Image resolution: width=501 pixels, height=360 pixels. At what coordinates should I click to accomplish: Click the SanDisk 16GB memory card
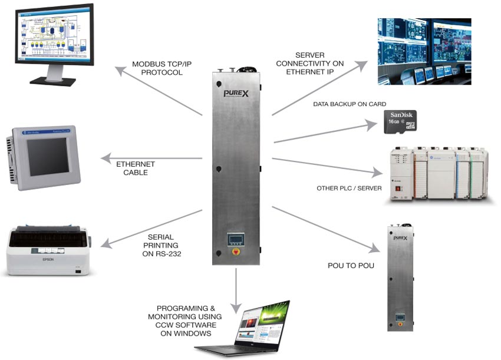click(x=401, y=121)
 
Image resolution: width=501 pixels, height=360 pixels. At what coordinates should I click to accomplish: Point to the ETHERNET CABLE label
click(x=135, y=168)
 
